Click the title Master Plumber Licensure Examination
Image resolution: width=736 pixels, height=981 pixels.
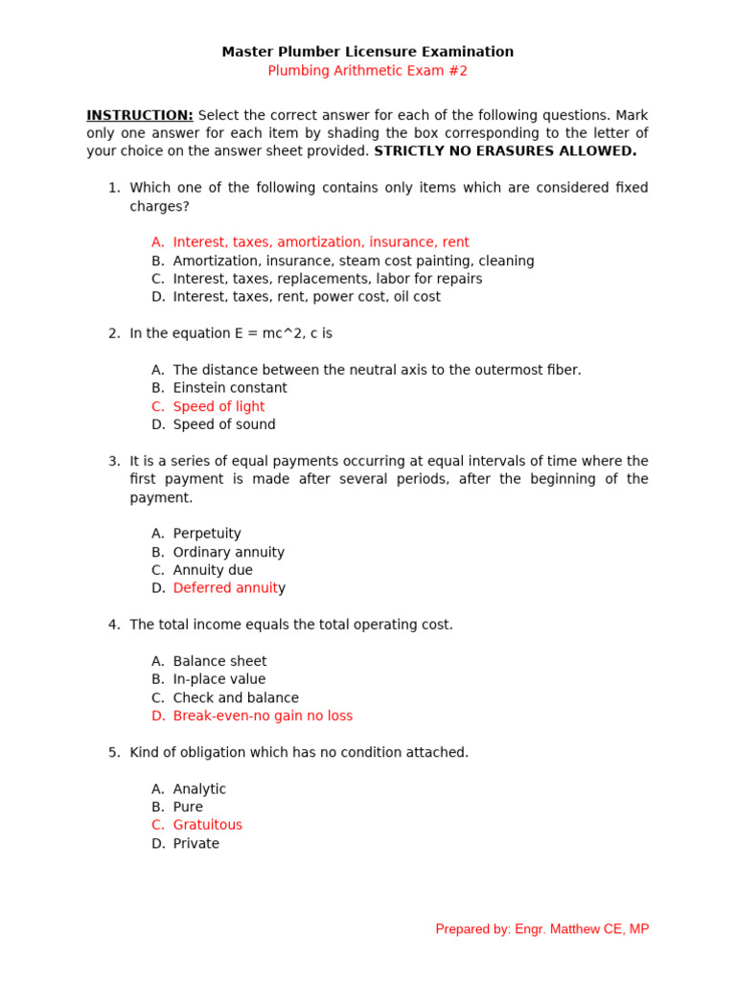[367, 52]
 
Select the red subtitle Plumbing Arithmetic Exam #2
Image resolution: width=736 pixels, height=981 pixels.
[367, 71]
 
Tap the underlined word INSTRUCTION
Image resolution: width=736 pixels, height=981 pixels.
[140, 115]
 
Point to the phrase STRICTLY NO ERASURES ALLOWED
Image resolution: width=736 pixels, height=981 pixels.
[505, 151]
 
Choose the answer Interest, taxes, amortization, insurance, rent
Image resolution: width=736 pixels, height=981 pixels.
[321, 242]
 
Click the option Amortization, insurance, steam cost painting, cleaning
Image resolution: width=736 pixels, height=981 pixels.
[354, 261]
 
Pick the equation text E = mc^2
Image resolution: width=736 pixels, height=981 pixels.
[239, 333]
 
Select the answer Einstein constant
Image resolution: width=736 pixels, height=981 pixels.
[230, 388]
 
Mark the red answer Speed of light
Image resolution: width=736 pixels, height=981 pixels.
[218, 406]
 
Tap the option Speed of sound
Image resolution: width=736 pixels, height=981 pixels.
[224, 424]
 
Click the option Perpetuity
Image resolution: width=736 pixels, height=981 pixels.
[207, 534]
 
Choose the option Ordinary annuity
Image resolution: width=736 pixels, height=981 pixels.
[228, 552]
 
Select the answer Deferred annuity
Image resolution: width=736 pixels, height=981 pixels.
[229, 588]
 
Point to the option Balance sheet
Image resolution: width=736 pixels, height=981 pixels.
[219, 661]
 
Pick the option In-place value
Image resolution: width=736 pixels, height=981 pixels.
[219, 679]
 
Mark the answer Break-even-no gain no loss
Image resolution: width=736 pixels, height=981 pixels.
[263, 716]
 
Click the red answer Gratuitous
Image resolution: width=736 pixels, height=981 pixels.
[208, 825]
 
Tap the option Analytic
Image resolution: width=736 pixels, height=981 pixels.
[199, 789]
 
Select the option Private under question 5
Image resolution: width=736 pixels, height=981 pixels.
[195, 844]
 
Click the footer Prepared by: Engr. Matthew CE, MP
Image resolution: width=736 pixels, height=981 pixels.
[541, 929]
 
